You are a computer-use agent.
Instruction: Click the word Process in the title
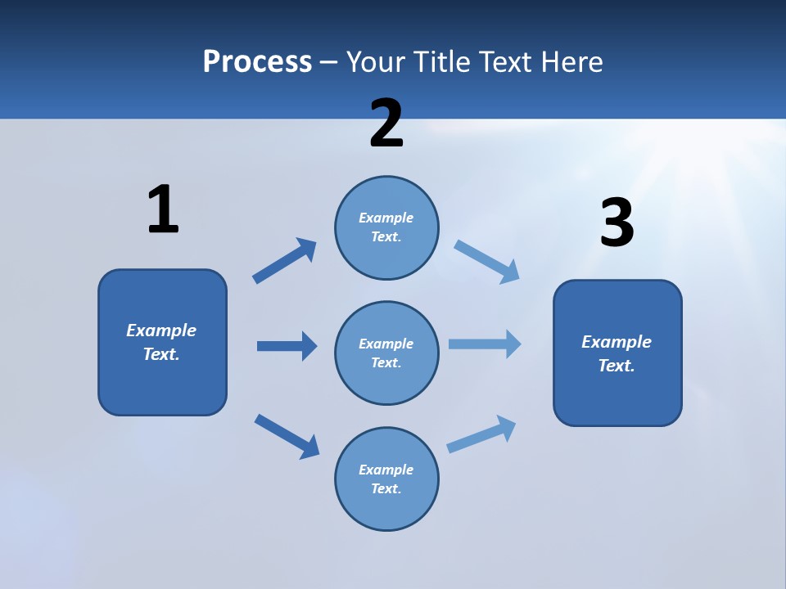[x=257, y=61]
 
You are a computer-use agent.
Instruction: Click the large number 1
[x=163, y=209]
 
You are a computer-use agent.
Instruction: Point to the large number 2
[x=386, y=124]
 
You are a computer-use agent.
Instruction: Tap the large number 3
[x=617, y=223]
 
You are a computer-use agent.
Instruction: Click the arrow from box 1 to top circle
[x=284, y=261]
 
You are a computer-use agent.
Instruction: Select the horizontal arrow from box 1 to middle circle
[x=287, y=346]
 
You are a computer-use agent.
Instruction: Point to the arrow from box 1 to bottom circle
[x=287, y=436]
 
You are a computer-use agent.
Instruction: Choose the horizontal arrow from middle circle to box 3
[x=485, y=344]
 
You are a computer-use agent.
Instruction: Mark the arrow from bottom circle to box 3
[x=481, y=434]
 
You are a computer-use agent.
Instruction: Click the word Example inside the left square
[x=161, y=330]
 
